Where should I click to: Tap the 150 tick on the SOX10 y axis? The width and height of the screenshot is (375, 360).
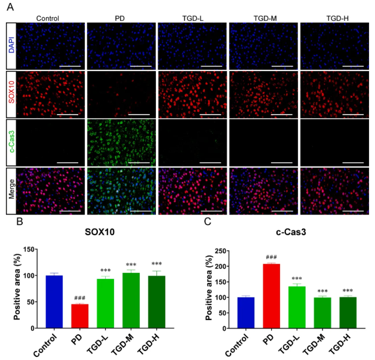[x=33, y=248]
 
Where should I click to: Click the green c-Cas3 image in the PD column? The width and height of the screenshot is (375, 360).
[x=121, y=141]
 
